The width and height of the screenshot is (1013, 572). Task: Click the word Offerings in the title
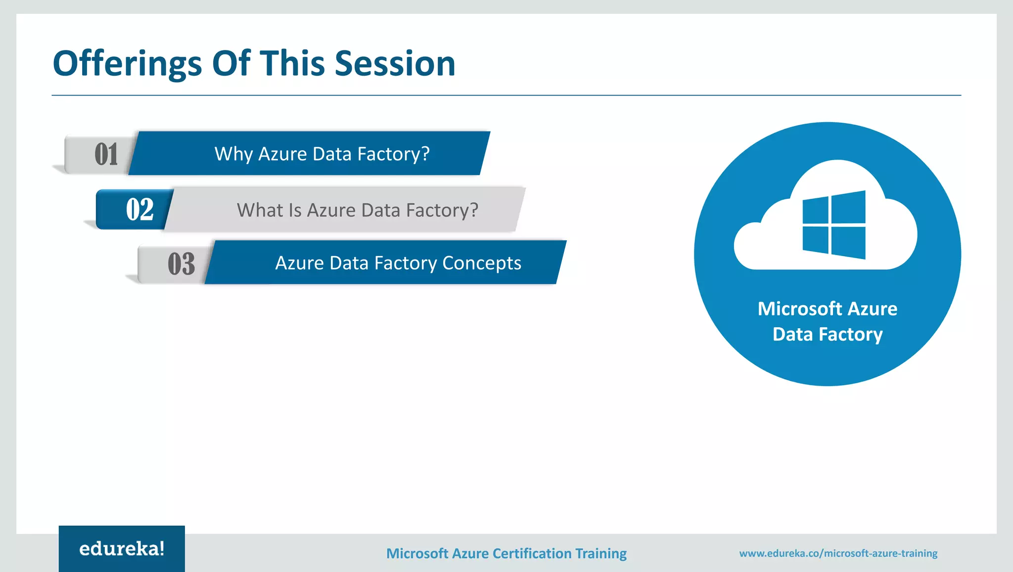(x=127, y=64)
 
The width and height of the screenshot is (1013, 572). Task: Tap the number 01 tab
(x=106, y=154)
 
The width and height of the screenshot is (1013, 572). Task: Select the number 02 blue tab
(x=139, y=210)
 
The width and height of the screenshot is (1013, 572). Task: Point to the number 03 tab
(x=181, y=264)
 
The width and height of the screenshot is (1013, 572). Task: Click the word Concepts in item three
(x=481, y=263)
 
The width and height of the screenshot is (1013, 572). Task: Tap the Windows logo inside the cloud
(x=834, y=225)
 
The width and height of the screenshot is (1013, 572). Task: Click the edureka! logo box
(x=122, y=549)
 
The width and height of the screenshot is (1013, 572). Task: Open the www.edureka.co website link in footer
(x=838, y=553)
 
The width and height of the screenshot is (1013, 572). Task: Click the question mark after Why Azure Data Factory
(x=425, y=154)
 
